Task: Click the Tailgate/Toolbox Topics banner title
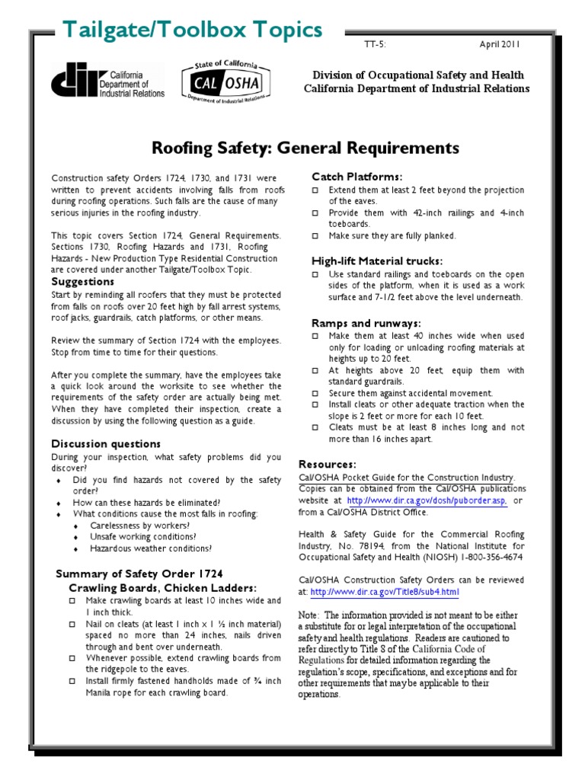[x=192, y=30]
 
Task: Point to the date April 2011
[x=499, y=45]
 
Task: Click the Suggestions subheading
[x=82, y=281]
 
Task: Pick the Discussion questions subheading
[x=106, y=443]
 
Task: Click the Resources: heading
[x=328, y=464]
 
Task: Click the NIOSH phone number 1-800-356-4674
[x=488, y=557]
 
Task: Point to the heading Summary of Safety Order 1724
[x=140, y=573]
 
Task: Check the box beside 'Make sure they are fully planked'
[x=316, y=236]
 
